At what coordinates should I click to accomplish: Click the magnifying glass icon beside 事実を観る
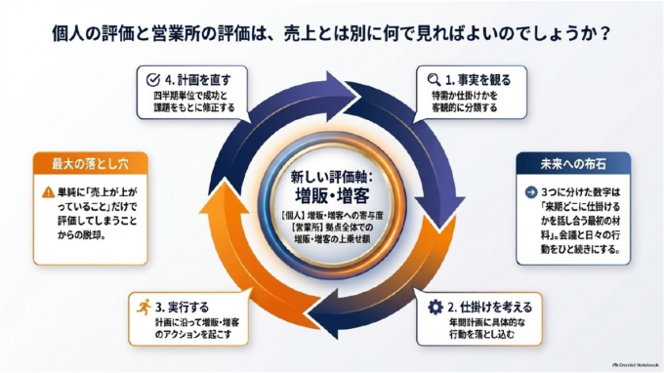(x=435, y=80)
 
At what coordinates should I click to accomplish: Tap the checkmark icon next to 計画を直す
(x=153, y=80)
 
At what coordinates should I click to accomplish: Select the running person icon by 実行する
(x=144, y=307)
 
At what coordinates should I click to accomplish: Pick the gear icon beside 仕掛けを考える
(x=436, y=307)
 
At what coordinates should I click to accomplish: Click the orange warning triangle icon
(x=48, y=192)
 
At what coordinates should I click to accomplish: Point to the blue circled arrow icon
(x=531, y=192)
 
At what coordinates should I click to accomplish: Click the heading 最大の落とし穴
(x=90, y=164)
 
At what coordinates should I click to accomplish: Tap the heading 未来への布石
(x=573, y=164)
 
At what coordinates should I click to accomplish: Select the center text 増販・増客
(x=332, y=195)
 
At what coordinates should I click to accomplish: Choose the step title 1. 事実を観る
(x=478, y=80)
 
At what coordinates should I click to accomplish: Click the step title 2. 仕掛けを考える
(x=490, y=307)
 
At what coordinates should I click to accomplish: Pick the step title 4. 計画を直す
(x=198, y=80)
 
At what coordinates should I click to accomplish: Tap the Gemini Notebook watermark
(x=636, y=364)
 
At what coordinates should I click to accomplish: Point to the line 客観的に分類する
(x=465, y=107)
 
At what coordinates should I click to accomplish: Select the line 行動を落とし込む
(x=481, y=335)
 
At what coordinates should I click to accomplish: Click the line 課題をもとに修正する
(x=194, y=107)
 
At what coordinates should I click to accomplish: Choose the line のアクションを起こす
(x=193, y=335)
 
